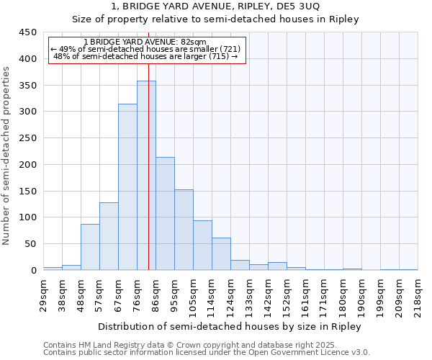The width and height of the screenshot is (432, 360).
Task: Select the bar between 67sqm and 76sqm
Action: (127, 187)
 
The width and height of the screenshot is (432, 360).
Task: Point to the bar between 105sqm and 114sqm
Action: (202, 245)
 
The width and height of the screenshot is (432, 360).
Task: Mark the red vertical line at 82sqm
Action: (148, 180)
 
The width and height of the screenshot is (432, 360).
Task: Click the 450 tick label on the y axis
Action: (27, 32)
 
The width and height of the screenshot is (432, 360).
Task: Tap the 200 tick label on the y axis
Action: (27, 165)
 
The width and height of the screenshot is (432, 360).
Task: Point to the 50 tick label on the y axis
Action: (30, 244)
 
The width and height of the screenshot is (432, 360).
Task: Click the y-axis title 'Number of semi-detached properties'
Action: (7, 155)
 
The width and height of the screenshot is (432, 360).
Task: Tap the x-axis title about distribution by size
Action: (230, 326)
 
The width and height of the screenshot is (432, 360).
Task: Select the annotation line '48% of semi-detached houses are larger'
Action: (145, 56)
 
